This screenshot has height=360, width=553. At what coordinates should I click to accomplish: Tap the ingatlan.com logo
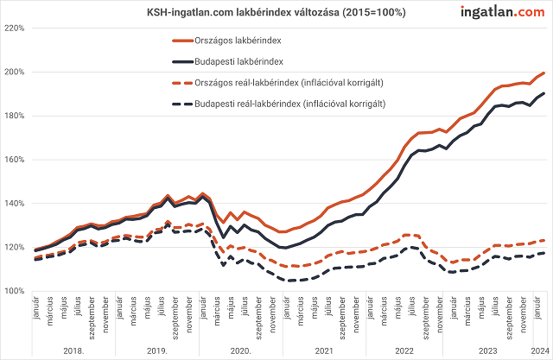pyautogui.click(x=496, y=11)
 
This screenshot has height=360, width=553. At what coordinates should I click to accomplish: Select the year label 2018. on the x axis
pyautogui.click(x=73, y=351)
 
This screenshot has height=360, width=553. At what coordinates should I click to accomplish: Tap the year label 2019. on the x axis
pyautogui.click(x=156, y=351)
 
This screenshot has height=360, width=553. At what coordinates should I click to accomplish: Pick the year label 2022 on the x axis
pyautogui.click(x=404, y=351)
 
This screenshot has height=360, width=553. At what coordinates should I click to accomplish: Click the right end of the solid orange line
pyautogui.click(x=543, y=73)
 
